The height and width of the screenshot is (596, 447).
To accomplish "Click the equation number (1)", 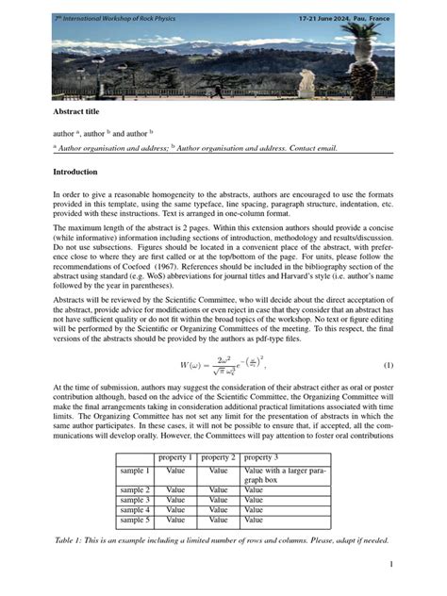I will point(388,365).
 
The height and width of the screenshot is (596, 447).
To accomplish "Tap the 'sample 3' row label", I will point(135,500).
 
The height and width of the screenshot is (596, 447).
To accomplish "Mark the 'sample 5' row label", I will point(135,520).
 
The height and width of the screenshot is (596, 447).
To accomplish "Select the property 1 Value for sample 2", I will point(175,490).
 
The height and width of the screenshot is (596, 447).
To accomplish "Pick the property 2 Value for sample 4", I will point(219,510).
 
